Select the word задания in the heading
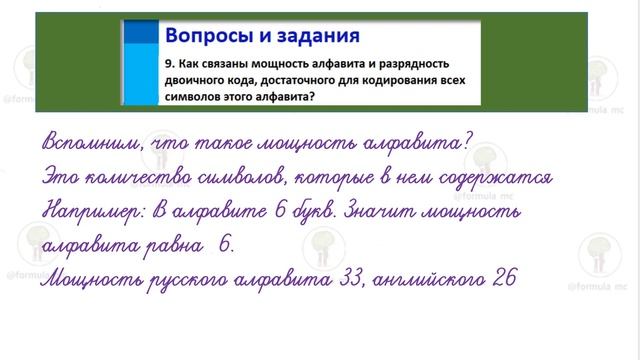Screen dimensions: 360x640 (x=313, y=37)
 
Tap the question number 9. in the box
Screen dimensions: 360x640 (x=170, y=63)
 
